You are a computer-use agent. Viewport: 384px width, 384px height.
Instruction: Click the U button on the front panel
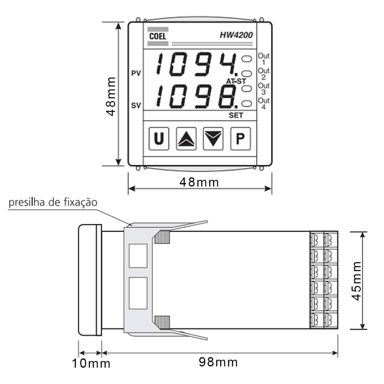point(159,139)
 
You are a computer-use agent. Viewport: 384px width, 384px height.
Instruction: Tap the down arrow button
point(213,139)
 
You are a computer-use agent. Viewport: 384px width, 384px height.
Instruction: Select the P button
point(240,139)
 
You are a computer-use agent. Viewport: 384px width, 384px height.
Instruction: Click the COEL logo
point(158,36)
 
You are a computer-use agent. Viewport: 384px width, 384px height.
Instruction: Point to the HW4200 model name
point(236,35)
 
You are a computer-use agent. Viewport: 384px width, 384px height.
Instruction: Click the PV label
point(136,73)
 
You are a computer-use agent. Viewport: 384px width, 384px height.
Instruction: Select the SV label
point(136,105)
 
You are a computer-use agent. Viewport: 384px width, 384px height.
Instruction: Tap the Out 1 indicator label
point(264,59)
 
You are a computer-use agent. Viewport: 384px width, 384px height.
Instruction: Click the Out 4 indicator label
point(264,103)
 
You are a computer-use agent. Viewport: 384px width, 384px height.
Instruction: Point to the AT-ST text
point(236,81)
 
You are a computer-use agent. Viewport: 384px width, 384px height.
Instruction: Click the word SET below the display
point(236,115)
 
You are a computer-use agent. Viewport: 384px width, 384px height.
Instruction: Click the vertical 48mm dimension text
point(111,96)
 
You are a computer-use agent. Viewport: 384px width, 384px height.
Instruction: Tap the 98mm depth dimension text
point(218,362)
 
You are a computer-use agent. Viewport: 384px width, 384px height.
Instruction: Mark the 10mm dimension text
point(91,364)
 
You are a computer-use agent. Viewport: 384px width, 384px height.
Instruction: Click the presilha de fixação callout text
point(53,203)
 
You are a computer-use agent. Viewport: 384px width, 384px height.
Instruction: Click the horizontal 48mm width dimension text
point(199,182)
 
